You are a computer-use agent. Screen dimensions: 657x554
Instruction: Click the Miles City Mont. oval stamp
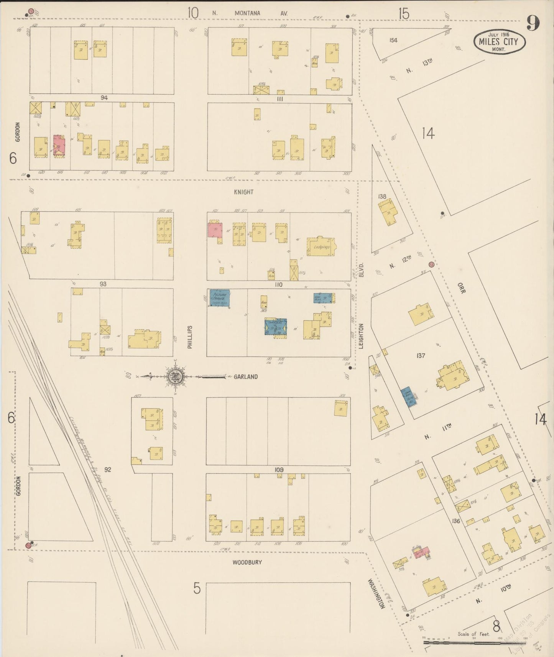point(499,42)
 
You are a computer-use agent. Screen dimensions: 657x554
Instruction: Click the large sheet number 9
point(533,23)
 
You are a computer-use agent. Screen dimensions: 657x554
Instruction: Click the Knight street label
point(244,192)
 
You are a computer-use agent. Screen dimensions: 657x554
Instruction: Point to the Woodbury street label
point(247,562)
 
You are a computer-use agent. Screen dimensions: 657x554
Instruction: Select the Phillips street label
point(190,337)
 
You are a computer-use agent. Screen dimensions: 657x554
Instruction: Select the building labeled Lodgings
point(321,247)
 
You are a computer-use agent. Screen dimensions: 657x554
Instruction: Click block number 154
point(393,40)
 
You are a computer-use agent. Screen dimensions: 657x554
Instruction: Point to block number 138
point(382,196)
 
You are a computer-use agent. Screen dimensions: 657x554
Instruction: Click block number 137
point(421,356)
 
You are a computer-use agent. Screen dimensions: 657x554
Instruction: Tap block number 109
point(279,470)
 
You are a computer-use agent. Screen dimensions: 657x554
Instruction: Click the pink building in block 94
point(59,146)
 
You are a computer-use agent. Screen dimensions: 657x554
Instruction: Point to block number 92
point(108,469)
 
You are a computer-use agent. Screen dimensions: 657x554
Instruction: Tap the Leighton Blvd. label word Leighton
point(361,336)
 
